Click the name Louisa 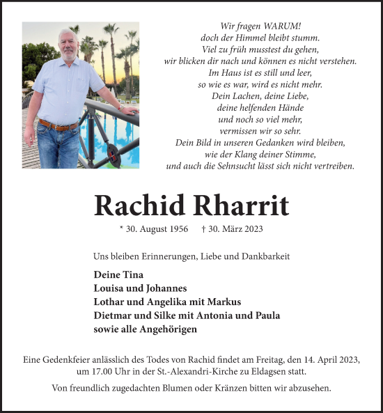(x=109, y=288)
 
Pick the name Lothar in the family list (x=110, y=302)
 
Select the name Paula (x=267, y=315)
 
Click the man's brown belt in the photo (x=58, y=126)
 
